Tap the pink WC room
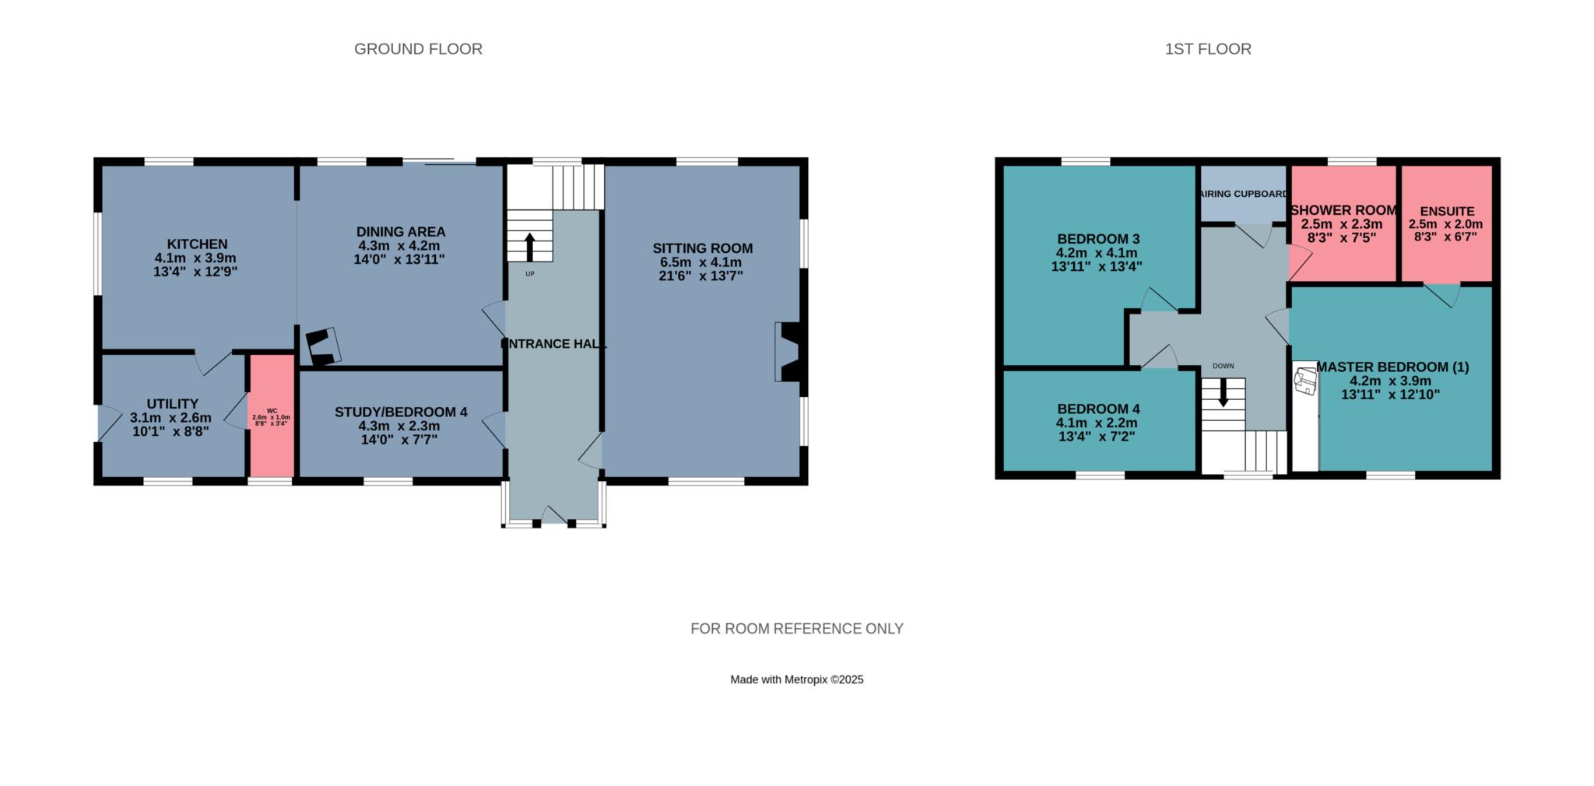point(272,415)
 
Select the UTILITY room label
point(173,404)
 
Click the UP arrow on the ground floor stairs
point(530,247)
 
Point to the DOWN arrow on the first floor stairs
point(1223,392)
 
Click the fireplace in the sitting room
point(789,352)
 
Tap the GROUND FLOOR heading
point(418,49)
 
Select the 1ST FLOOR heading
point(1208,49)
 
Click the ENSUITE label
point(1447,212)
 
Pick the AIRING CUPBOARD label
point(1244,194)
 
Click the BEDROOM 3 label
point(1098,239)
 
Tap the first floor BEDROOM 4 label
point(1098,409)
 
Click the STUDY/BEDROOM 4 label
point(401,412)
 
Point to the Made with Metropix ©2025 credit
point(797,679)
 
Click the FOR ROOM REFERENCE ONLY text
point(797,629)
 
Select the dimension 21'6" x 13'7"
point(701,276)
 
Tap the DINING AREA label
point(401,232)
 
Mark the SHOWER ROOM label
point(1343,210)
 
